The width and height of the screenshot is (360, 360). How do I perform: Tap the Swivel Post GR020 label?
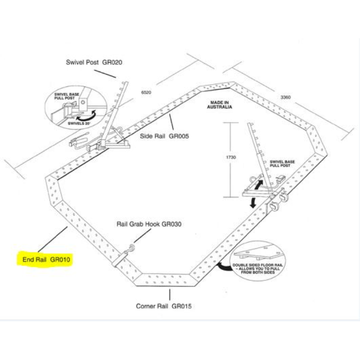pyautogui.click(x=94, y=62)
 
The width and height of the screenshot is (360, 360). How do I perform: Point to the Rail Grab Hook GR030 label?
pyautogui.click(x=149, y=224)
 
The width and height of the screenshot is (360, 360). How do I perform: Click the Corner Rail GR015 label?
pyautogui.click(x=164, y=306)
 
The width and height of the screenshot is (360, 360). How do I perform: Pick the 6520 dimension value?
pyautogui.click(x=146, y=92)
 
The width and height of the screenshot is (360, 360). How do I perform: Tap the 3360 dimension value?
pyautogui.click(x=286, y=97)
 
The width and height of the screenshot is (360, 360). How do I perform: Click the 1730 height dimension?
pyautogui.click(x=232, y=157)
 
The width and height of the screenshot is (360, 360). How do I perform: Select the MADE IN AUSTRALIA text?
pyautogui.click(x=220, y=105)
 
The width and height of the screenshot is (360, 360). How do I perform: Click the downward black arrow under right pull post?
pyautogui.click(x=253, y=202)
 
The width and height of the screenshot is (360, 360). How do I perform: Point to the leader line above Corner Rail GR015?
pyautogui.click(x=169, y=295)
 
